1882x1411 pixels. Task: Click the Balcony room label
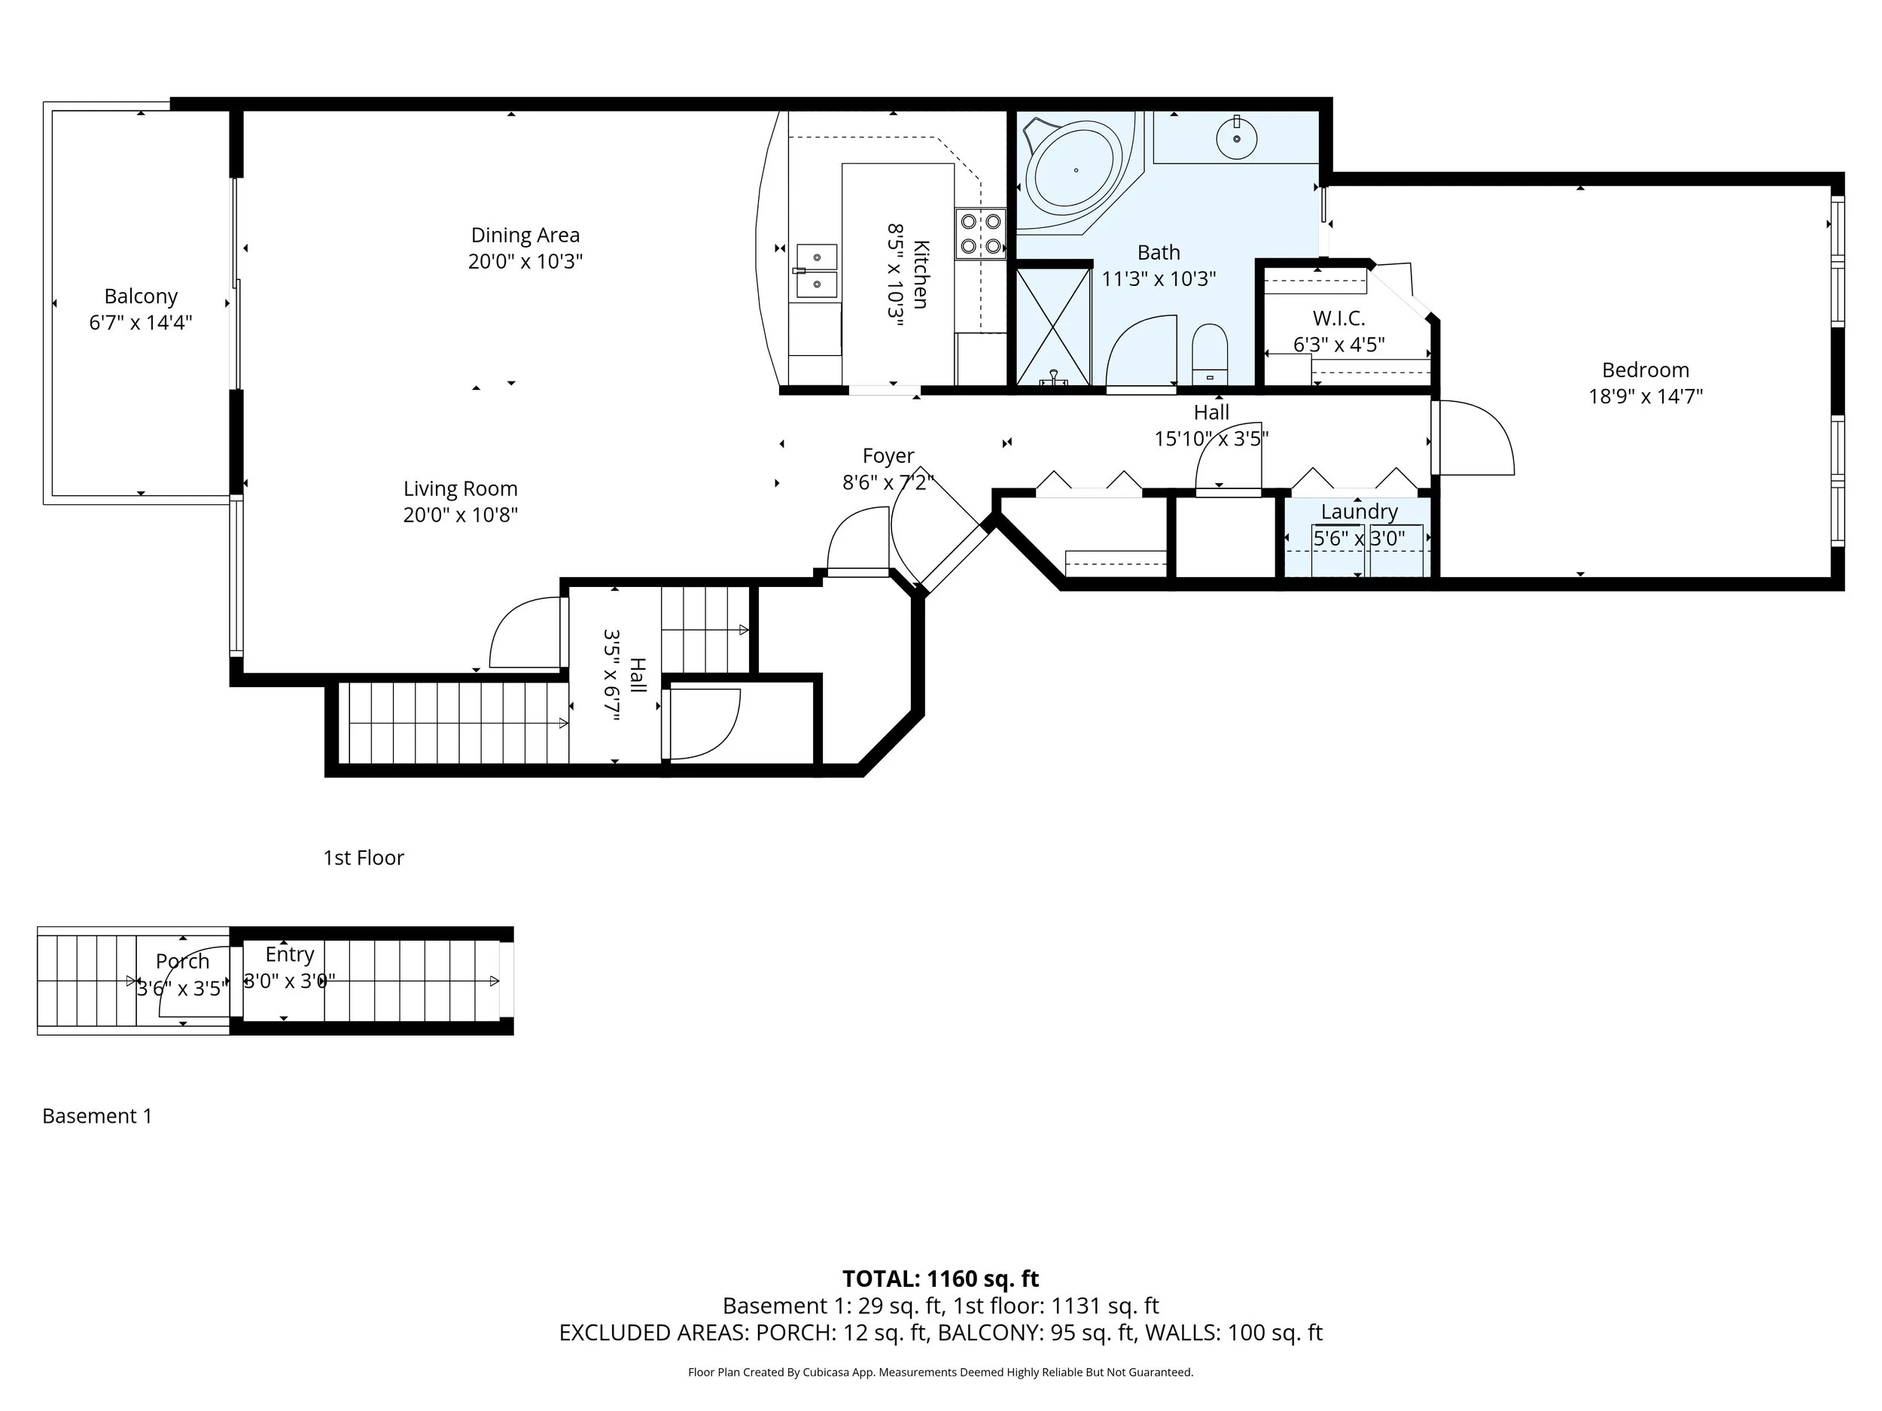pyautogui.click(x=142, y=296)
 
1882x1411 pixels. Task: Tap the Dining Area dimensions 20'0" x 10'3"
pyautogui.click(x=525, y=261)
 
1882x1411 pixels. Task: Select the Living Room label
pyautogui.click(x=460, y=489)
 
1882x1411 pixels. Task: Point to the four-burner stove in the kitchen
pyautogui.click(x=980, y=234)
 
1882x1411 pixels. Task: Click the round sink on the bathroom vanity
pyautogui.click(x=1236, y=138)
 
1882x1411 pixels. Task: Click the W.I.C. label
pyautogui.click(x=1338, y=318)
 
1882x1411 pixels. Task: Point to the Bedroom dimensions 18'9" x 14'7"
pyautogui.click(x=1646, y=397)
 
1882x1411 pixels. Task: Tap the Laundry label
pyautogui.click(x=1359, y=511)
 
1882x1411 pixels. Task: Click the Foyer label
pyautogui.click(x=888, y=456)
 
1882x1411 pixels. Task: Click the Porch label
pyautogui.click(x=182, y=962)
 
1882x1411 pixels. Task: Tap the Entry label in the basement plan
pyautogui.click(x=289, y=955)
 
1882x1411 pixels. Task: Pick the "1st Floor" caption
pyautogui.click(x=364, y=857)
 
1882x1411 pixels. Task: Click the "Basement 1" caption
pyautogui.click(x=97, y=1116)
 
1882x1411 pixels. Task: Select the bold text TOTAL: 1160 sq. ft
pyautogui.click(x=940, y=1279)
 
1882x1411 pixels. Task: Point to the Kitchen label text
pyautogui.click(x=921, y=274)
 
